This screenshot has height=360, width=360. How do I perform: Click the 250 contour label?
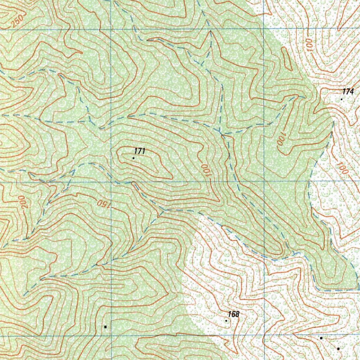[17, 22]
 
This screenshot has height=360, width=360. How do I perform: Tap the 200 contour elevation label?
[24, 203]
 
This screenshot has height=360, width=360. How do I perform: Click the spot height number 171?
[140, 151]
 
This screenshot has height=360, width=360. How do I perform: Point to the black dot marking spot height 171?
[133, 158]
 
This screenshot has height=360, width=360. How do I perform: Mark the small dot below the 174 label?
[341, 99]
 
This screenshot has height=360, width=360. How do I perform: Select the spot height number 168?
[233, 314]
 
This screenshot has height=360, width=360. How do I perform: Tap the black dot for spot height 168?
[226, 321]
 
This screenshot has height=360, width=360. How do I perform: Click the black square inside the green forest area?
[105, 327]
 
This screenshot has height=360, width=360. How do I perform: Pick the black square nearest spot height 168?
[321, 338]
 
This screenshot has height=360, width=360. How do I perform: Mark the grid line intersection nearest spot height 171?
[111, 181]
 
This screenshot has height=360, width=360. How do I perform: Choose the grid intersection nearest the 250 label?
[111, 29]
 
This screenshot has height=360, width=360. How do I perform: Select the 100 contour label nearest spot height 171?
[206, 169]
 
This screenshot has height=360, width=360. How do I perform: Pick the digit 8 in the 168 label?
[237, 314]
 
